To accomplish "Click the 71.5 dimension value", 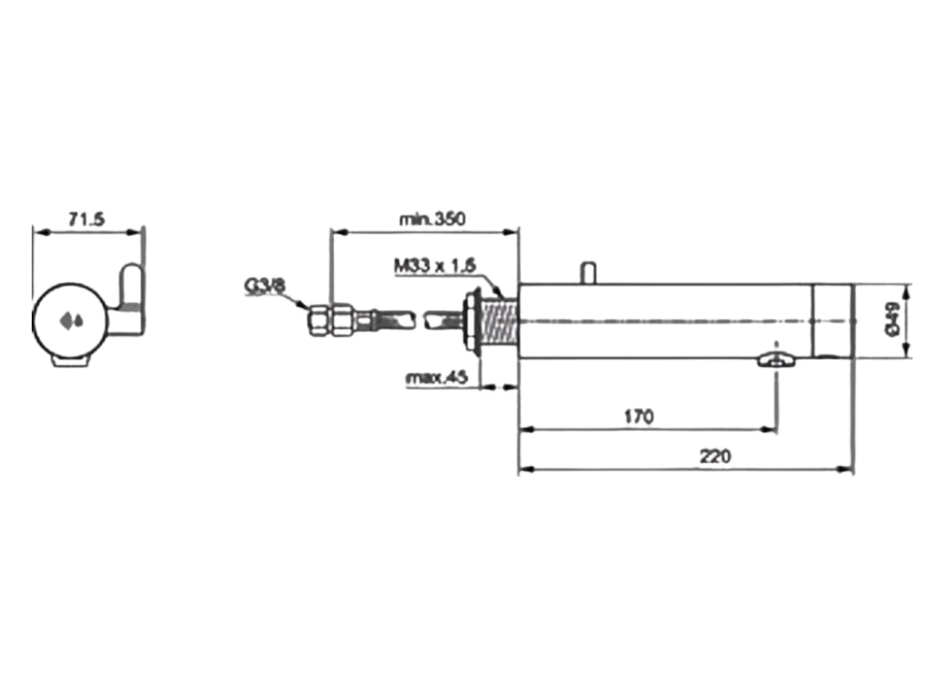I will tap(87, 220).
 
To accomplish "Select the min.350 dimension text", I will tap(432, 219).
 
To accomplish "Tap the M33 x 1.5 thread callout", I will tap(435, 266).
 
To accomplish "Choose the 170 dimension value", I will tap(638, 417).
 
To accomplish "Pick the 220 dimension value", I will tap(714, 457).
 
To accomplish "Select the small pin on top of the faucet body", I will tap(588, 272).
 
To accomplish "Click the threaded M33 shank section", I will tap(499, 320).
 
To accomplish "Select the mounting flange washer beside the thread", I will tap(471, 320).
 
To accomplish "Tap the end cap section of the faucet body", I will tap(832, 320).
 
